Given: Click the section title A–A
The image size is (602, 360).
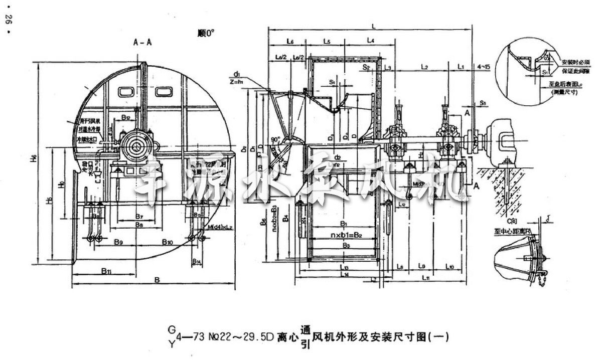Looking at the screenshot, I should (x=142, y=43).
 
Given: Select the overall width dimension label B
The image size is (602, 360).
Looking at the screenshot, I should (x=157, y=280).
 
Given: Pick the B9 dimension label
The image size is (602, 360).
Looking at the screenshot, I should (x=118, y=243).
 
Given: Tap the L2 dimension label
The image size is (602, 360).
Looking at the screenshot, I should (x=424, y=66).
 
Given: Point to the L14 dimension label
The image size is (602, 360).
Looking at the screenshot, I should (x=344, y=275).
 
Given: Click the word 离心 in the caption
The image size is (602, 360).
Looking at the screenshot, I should (x=286, y=337).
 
